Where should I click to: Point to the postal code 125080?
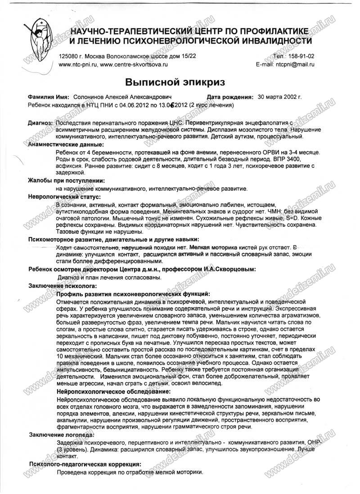[x=68, y=57]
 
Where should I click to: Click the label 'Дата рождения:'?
[x=229, y=97]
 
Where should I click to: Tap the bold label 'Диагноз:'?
[x=40, y=122]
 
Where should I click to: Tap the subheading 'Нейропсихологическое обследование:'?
[x=111, y=392]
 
